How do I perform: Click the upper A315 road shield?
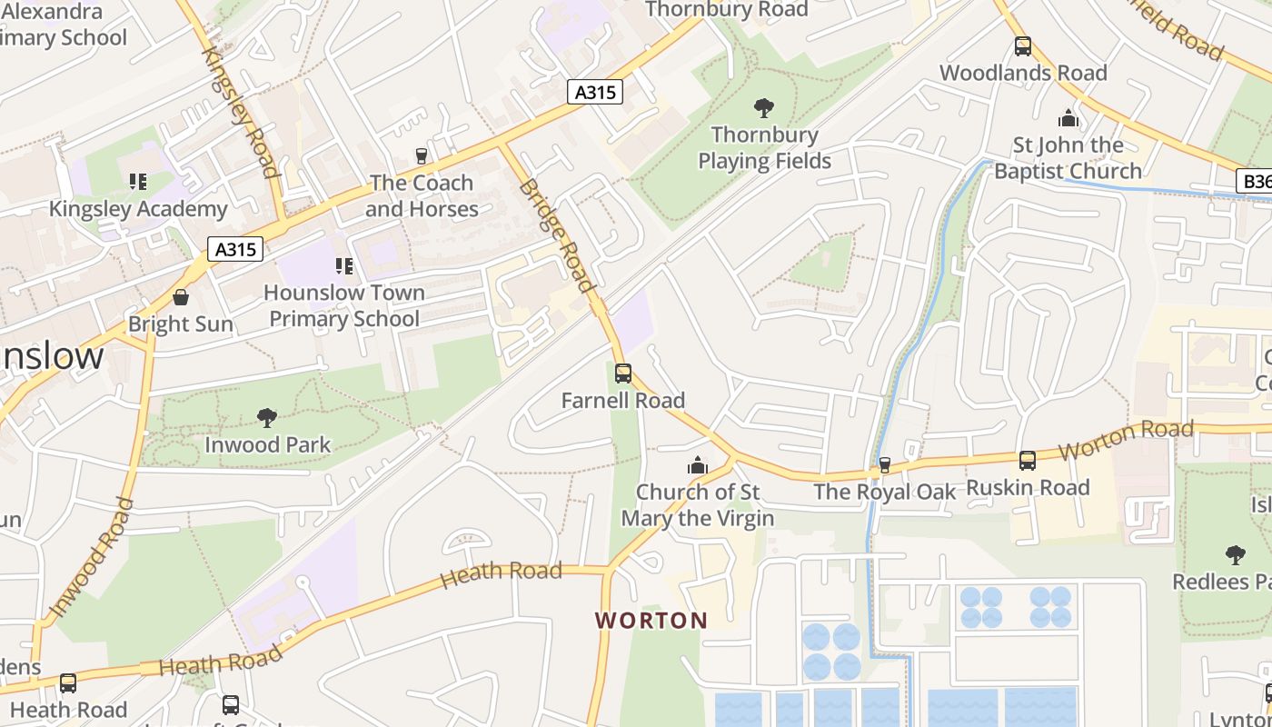click(596, 92)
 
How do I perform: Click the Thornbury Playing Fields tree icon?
click(764, 108)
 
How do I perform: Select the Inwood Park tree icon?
click(267, 418)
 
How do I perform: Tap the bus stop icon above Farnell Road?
click(622, 373)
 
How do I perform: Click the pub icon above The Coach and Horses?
click(421, 156)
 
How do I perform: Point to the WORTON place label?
click(651, 621)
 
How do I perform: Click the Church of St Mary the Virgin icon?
click(698, 465)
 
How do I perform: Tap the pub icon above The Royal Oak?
click(884, 465)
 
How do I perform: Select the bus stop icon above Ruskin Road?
click(1027, 461)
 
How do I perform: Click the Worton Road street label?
click(1126, 440)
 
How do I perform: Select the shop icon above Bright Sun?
click(181, 297)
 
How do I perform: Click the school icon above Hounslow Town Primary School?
click(344, 266)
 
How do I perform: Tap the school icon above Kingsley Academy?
click(138, 182)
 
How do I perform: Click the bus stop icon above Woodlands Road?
click(1023, 46)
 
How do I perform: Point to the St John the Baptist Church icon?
click(1068, 118)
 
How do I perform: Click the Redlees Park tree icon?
click(1235, 554)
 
